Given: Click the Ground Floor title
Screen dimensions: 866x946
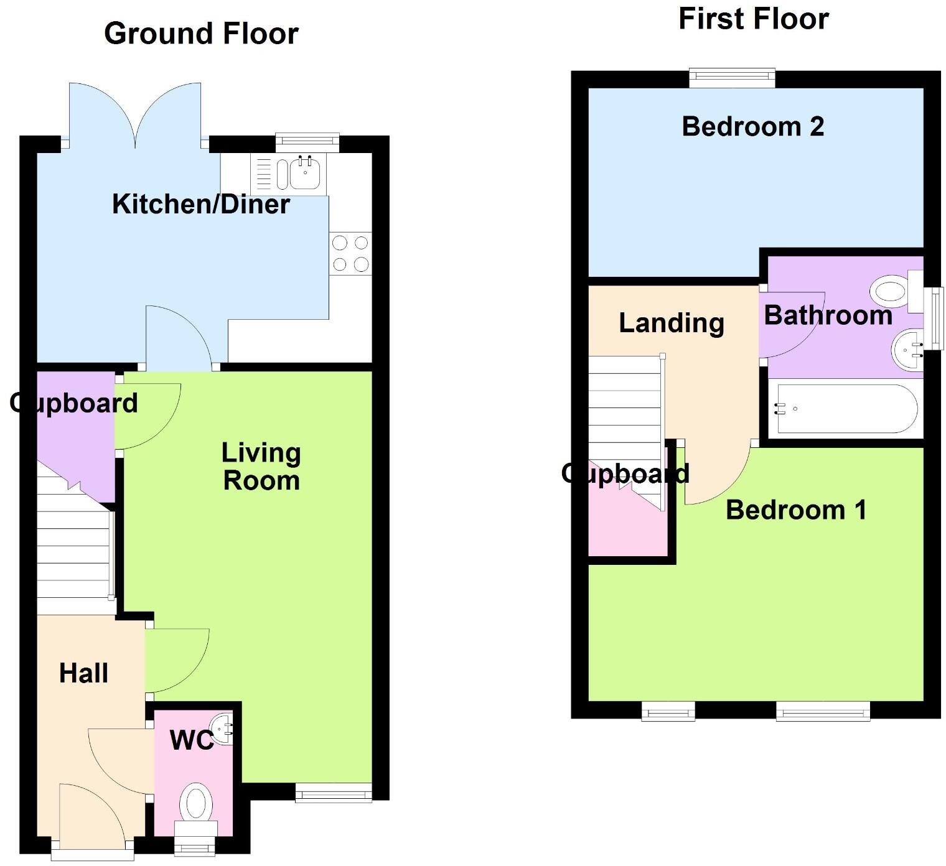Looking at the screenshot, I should (x=201, y=34).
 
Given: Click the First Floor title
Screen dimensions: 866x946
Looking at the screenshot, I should (x=753, y=19).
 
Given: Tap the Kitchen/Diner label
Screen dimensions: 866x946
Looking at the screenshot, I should (x=200, y=204).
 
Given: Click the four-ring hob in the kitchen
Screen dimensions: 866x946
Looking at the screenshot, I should (x=350, y=254).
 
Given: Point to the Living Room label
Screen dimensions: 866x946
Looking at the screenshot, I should (x=261, y=467).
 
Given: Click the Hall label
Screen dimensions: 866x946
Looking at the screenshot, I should (x=83, y=673).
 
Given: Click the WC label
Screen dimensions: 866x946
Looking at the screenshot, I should (x=191, y=740).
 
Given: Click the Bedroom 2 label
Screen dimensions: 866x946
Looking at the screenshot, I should (x=752, y=127).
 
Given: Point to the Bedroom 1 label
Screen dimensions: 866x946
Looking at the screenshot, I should (x=795, y=510).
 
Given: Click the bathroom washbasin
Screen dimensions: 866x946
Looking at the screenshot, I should (x=907, y=350).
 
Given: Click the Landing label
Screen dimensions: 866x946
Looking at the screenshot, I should (x=672, y=323).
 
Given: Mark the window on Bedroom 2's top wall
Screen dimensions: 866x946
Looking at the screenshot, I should (x=732, y=78).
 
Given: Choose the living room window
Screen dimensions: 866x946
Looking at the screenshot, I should (x=334, y=792).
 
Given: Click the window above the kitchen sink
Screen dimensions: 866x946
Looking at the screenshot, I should (x=307, y=142).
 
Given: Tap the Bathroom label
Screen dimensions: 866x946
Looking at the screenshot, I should (x=828, y=315).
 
